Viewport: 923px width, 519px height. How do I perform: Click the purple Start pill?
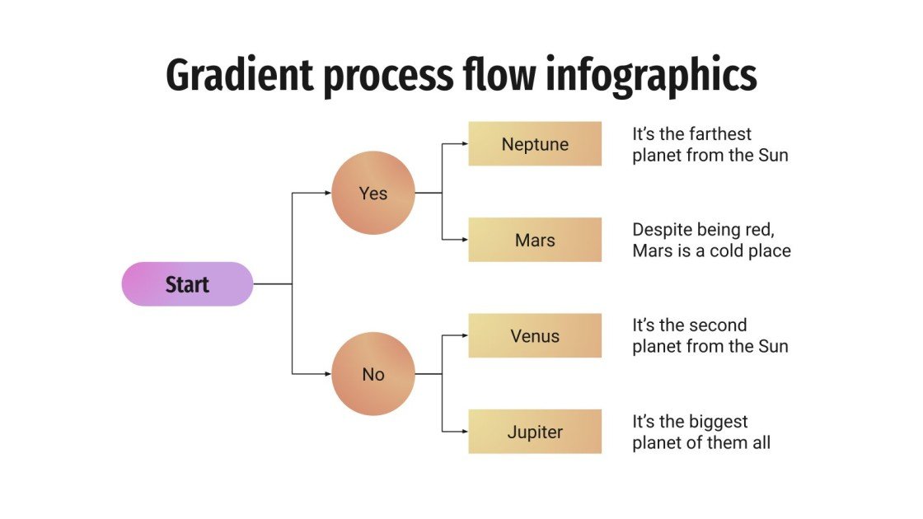tap(187, 284)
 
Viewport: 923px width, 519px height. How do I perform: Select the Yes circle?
tap(372, 194)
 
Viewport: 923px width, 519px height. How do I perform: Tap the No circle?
tap(372, 374)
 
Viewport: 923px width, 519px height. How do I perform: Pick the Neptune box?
tap(535, 144)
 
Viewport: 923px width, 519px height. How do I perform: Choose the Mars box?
tap(535, 241)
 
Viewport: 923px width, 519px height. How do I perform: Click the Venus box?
tap(535, 336)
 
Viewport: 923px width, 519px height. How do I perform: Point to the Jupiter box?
tap(535, 432)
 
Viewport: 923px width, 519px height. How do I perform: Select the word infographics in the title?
tap(651, 76)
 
